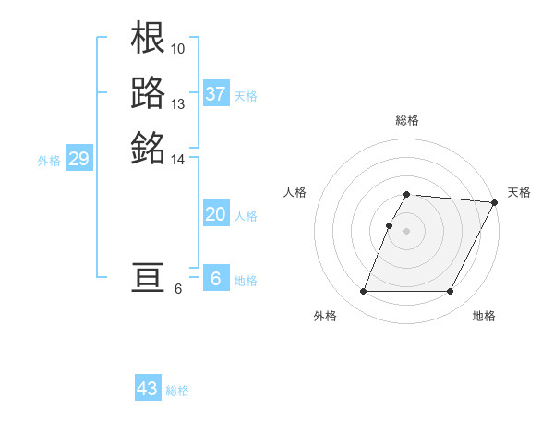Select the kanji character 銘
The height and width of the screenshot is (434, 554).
click(x=149, y=146)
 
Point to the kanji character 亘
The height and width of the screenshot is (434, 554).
click(x=149, y=279)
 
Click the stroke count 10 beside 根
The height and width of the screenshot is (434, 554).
click(x=178, y=48)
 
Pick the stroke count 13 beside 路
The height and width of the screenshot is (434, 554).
click(x=178, y=103)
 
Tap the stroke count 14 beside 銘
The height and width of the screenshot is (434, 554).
click(x=178, y=160)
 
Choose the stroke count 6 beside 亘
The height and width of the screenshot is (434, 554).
click(x=178, y=290)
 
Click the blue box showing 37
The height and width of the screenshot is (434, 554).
click(x=216, y=94)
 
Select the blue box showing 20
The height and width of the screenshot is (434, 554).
click(x=215, y=214)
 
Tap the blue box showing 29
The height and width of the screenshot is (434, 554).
click(x=78, y=160)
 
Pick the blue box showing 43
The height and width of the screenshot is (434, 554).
click(x=148, y=389)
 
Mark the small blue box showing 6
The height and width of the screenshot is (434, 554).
click(x=215, y=279)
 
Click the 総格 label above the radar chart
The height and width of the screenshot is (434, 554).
click(x=407, y=120)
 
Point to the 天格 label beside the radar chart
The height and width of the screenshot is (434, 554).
click(x=519, y=192)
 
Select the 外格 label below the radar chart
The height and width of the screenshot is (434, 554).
click(x=325, y=316)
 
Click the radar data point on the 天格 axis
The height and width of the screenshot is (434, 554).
click(x=495, y=202)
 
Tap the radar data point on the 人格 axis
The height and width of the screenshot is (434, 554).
click(x=390, y=225)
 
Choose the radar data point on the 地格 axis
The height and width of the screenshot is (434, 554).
click(x=450, y=292)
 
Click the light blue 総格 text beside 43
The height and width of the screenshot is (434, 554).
click(x=177, y=391)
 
